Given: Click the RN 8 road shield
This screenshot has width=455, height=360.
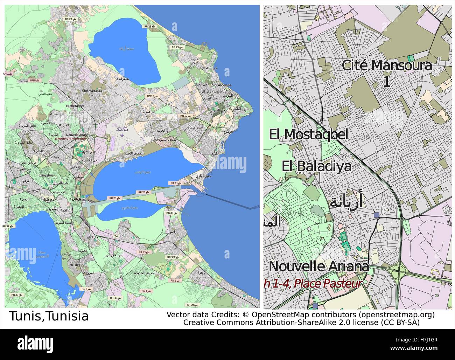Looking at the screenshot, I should pyautogui.click(x=34, y=80).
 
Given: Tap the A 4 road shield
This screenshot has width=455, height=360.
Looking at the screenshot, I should pyautogui.click(x=6, y=74).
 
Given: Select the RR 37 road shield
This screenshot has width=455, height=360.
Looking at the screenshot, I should pyautogui.click(x=7, y=226).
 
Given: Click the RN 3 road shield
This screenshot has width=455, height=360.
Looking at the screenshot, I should pyautogui.click(x=84, y=289).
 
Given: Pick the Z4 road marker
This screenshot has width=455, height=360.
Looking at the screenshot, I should pyautogui.click(x=116, y=236).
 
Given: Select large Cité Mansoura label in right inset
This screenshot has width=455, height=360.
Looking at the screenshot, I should pyautogui.click(x=386, y=65).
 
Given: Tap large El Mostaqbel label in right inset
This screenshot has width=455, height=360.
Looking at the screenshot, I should pyautogui.click(x=308, y=134).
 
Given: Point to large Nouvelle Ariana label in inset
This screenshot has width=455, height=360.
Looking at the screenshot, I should pyautogui.click(x=318, y=266).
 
